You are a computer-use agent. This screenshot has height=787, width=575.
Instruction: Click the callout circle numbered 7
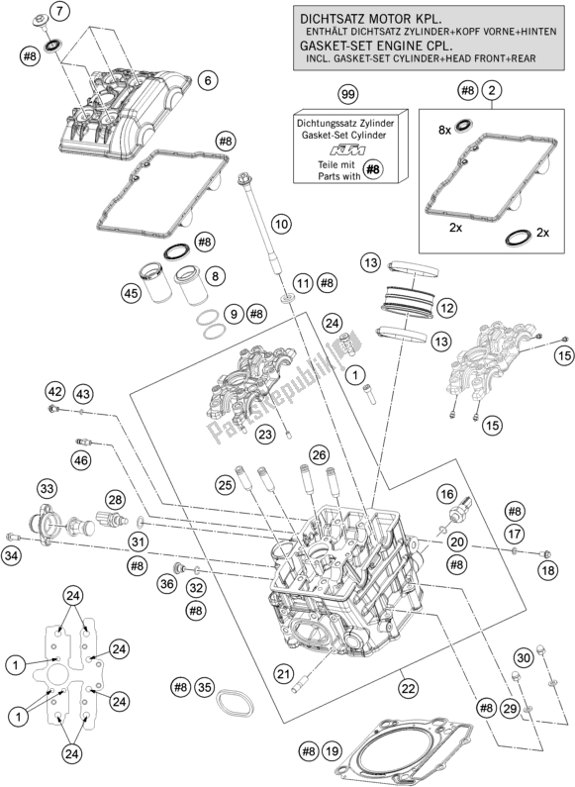60,11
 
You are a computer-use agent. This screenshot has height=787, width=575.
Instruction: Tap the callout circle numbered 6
209,80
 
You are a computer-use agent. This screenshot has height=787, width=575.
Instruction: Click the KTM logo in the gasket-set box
347,150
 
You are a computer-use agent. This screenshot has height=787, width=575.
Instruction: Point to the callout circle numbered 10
282,224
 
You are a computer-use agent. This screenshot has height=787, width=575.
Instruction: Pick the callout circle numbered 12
447,308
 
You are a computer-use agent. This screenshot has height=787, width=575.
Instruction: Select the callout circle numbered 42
55,391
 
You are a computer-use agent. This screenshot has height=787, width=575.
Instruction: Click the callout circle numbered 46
82,460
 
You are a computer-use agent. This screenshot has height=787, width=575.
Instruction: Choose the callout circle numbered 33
47,488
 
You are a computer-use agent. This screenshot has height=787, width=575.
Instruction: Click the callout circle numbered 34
11,555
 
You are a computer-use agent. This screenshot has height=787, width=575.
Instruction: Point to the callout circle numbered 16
446,494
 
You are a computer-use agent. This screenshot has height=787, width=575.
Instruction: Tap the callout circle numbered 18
548,570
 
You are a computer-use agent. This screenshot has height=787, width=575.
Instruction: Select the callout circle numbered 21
284,673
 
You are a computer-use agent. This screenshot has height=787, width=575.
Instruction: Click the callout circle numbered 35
205,687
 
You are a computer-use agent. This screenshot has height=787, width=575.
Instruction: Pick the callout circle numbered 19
333,751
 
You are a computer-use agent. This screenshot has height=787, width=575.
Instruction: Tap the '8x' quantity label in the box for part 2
445,130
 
